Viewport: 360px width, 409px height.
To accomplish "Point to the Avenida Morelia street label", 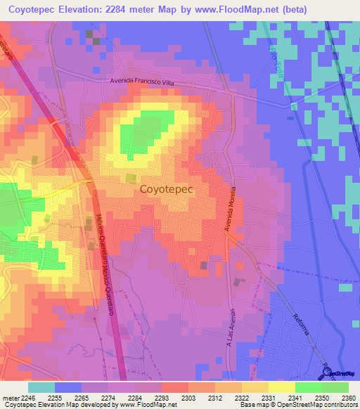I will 229,210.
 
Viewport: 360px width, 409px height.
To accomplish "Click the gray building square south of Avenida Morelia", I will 204,265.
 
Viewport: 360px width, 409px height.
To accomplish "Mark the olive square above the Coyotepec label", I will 131,178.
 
